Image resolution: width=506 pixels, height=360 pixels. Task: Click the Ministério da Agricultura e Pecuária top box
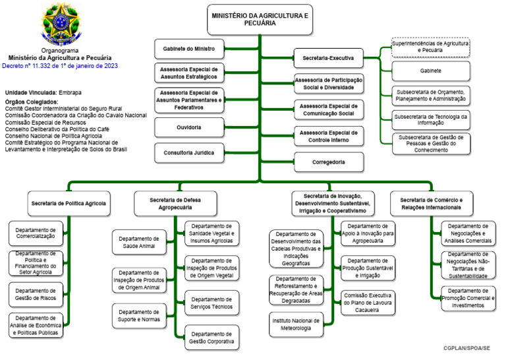coord(260,18)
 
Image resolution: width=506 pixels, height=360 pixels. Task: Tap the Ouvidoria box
coord(188,127)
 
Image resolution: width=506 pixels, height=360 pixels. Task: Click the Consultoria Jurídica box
coord(188,152)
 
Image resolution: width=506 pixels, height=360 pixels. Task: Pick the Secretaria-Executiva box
coord(327,59)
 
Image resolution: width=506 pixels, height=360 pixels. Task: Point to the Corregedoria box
coord(327,161)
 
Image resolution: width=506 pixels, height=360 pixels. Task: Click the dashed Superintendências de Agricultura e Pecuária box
coord(430,47)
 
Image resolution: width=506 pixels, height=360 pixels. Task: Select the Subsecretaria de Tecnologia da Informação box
coord(430,119)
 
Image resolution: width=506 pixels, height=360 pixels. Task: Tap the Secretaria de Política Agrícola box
coord(69,203)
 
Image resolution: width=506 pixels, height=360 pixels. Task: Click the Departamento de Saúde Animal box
coord(138,242)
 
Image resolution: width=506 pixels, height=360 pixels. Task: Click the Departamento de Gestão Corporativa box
coord(211,337)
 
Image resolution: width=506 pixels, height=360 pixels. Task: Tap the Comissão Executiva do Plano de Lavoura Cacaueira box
coord(368,303)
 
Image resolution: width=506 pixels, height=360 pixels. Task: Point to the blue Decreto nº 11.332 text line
coord(59,67)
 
